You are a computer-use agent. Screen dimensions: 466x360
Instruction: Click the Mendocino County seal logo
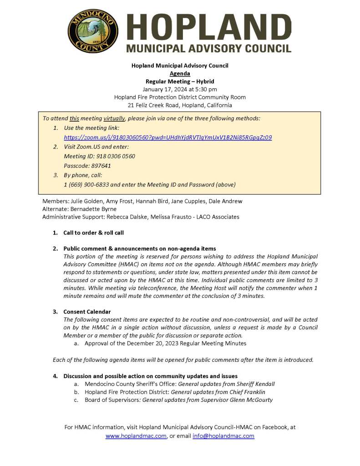coord(93,31)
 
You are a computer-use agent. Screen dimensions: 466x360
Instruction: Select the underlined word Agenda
coord(180,73)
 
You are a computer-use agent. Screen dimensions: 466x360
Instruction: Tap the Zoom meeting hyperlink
coord(167,137)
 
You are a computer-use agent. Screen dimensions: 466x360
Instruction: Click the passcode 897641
coord(100,166)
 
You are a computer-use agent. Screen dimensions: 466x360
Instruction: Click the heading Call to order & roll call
coord(94,233)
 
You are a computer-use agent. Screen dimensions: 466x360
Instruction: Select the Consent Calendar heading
coord(87,312)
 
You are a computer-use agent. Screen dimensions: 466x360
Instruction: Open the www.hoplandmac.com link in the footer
coord(136,436)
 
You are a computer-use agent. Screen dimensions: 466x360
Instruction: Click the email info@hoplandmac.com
coord(223,436)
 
